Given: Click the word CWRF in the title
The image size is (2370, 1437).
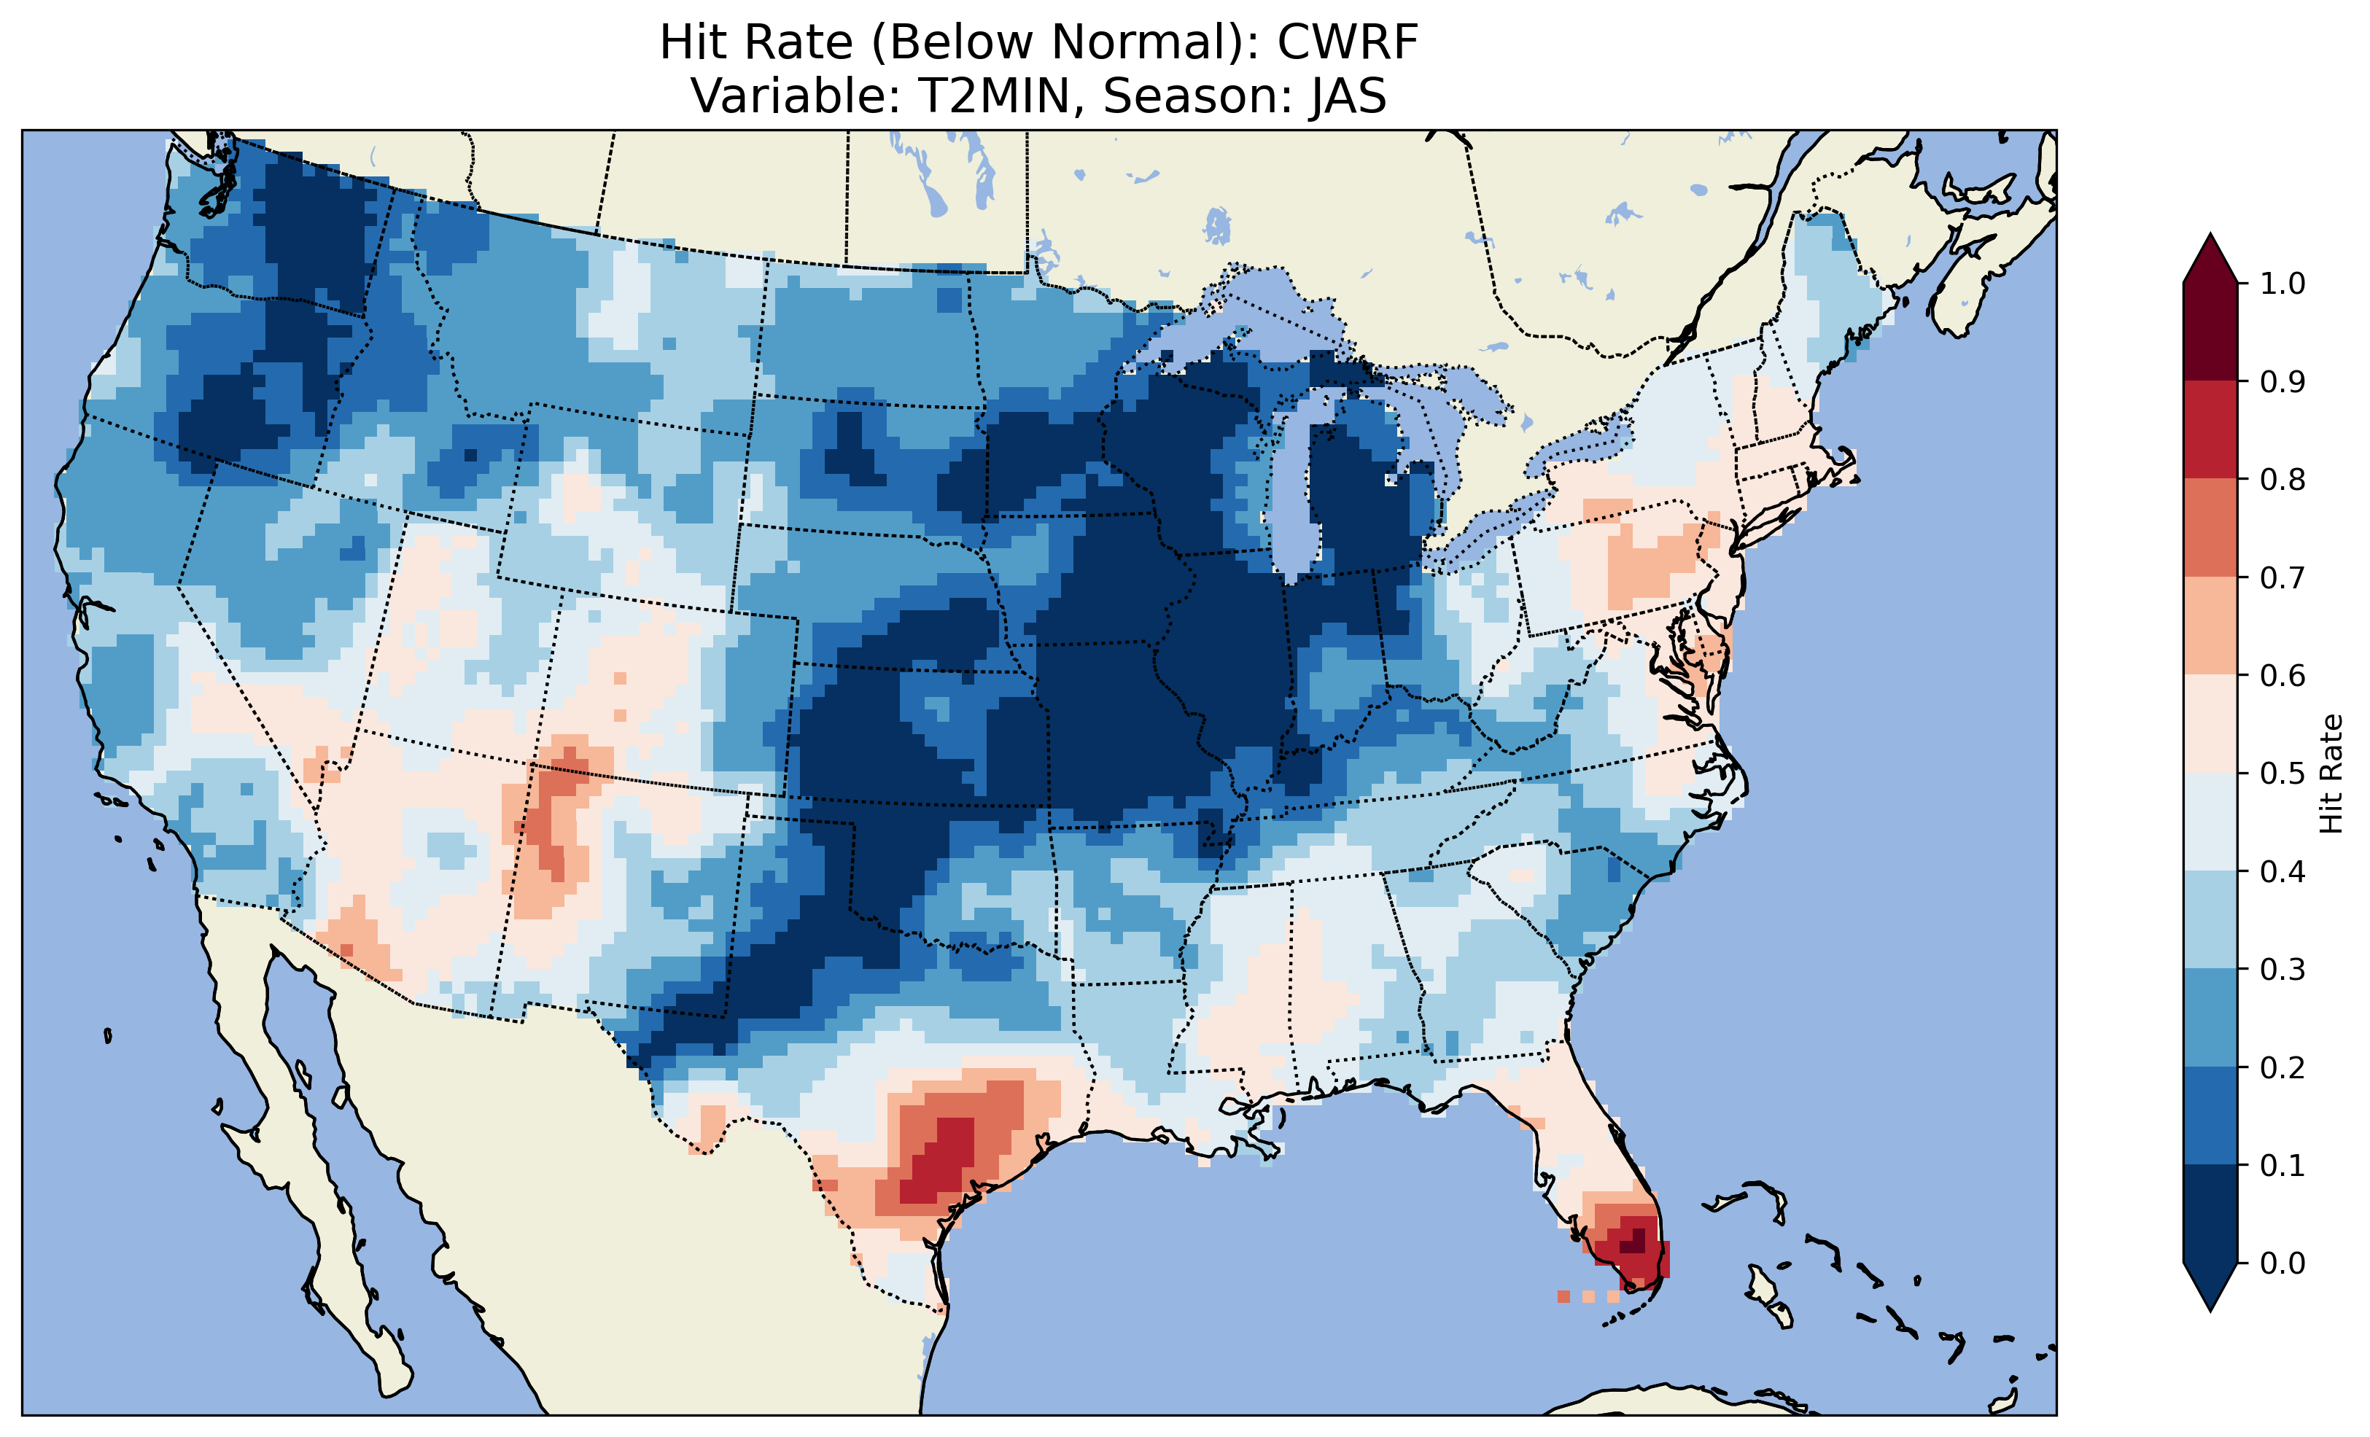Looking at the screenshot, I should click(x=1347, y=42).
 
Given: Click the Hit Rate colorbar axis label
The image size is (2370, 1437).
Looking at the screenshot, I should click(x=2331, y=774).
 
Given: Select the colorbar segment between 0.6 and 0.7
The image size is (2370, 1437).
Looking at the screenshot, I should click(x=2210, y=626).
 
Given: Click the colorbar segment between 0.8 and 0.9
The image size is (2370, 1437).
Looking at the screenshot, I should click(x=2210, y=429).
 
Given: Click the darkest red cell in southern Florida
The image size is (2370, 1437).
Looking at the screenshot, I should click(x=1637, y=1245).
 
